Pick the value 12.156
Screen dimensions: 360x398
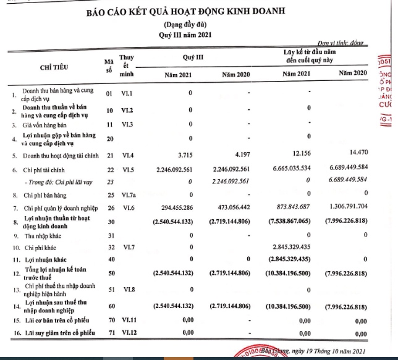(301, 154)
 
